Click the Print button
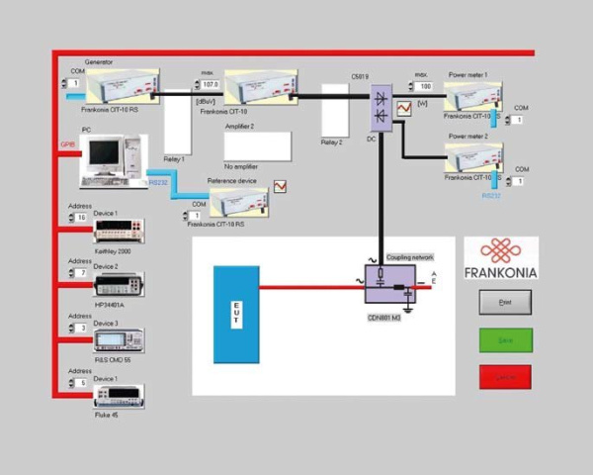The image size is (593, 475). click(504, 302)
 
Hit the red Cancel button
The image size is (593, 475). click(504, 377)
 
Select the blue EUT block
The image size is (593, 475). click(235, 314)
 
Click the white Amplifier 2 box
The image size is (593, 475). click(257, 146)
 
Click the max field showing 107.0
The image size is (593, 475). click(210, 85)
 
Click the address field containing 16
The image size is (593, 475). click(81, 217)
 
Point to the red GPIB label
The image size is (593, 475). click(68, 143)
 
